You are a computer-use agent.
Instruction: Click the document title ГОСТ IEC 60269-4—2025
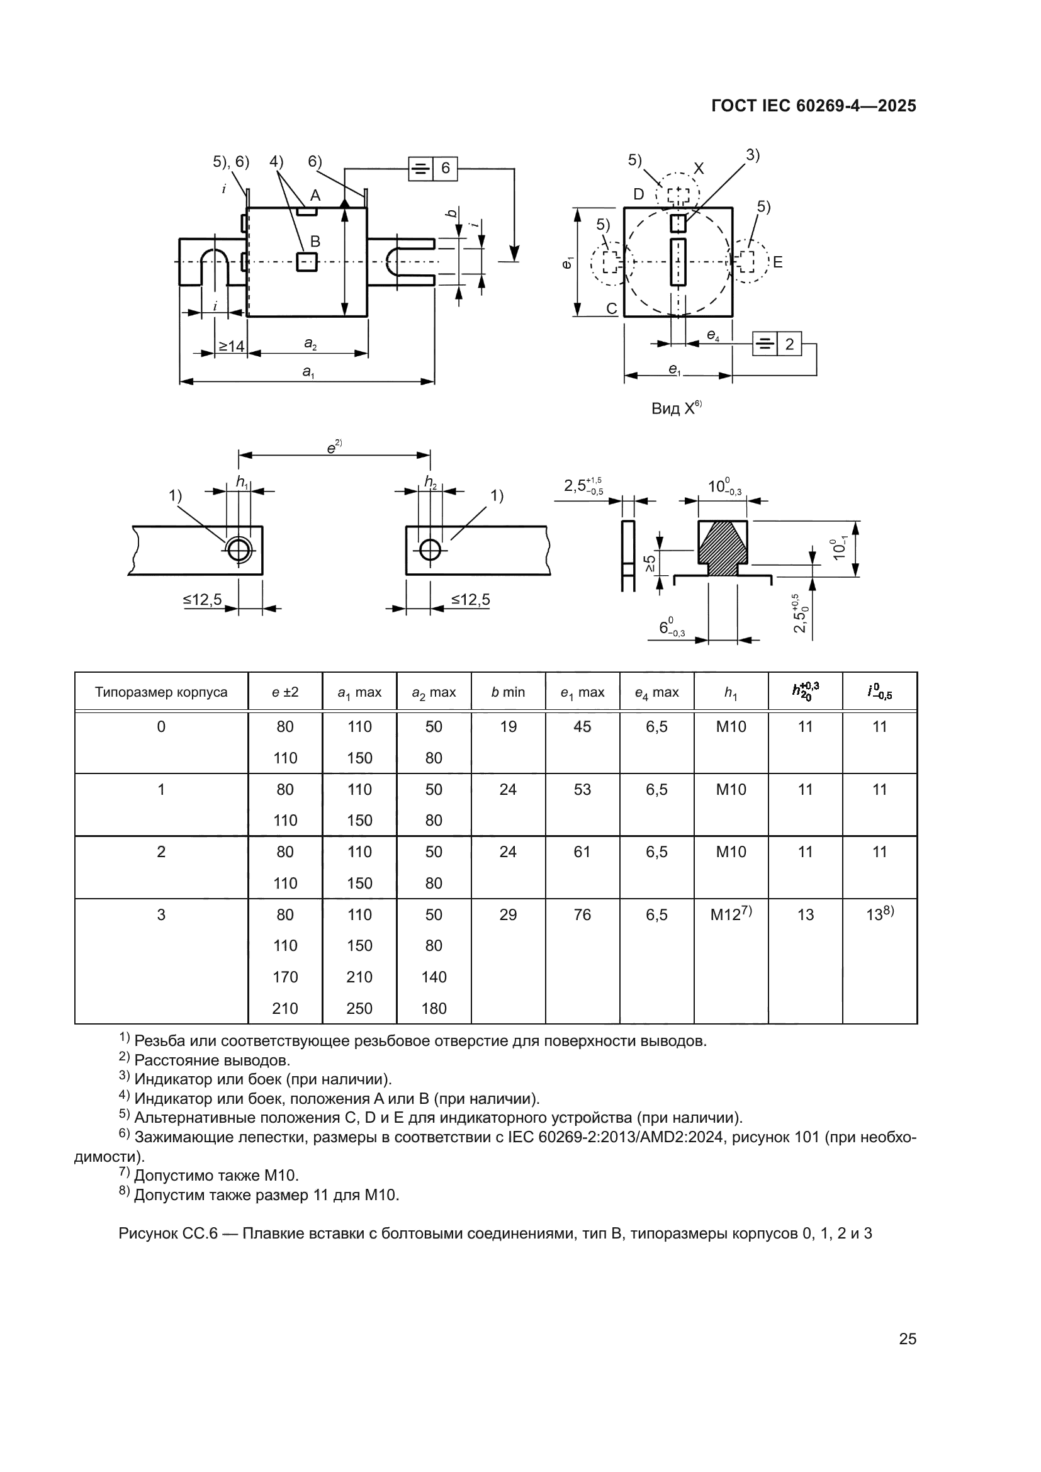click(813, 106)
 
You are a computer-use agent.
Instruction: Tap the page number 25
click(907, 1339)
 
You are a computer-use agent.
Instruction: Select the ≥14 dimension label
click(232, 347)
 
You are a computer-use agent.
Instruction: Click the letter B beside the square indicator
click(315, 242)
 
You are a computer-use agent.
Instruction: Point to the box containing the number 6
click(445, 169)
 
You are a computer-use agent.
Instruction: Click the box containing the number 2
click(789, 344)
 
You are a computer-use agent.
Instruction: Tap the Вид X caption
click(675, 408)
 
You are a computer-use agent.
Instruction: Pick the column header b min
click(508, 692)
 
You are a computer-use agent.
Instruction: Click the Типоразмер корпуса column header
click(161, 692)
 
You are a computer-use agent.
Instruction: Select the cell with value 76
click(582, 915)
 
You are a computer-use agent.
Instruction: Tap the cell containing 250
click(359, 1008)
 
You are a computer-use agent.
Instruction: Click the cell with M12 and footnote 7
click(730, 914)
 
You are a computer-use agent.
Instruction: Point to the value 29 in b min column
click(508, 915)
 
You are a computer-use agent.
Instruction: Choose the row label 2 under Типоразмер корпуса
click(161, 852)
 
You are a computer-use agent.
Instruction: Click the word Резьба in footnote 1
click(157, 1041)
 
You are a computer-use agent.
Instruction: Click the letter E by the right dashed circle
click(777, 262)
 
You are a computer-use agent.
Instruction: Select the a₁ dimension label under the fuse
click(308, 371)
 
